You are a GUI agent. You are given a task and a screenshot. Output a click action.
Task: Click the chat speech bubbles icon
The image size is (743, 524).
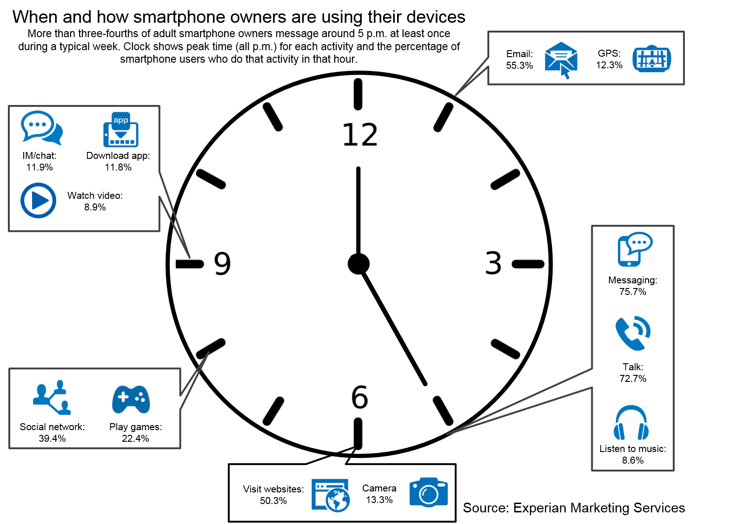point(41,128)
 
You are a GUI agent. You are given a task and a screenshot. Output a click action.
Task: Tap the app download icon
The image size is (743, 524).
point(121,130)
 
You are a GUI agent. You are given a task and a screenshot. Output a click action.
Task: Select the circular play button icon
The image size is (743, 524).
point(38,200)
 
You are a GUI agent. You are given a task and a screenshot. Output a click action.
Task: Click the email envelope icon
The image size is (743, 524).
point(561,60)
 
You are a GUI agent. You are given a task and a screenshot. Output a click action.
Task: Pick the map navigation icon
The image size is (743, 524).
point(651,59)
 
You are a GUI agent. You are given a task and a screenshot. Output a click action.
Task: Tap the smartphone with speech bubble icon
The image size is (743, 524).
point(635,249)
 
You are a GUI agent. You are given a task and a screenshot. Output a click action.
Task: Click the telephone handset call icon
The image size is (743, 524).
point(632,333)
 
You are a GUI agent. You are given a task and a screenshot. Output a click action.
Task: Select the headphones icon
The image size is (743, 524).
point(631,422)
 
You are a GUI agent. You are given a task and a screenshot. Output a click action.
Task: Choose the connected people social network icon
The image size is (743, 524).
point(52,397)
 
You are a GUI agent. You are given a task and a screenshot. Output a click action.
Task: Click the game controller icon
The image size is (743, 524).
point(131,399)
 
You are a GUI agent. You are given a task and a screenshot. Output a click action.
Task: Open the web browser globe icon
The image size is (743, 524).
point(331,495)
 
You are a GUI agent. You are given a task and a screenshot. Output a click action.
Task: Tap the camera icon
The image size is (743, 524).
point(428,492)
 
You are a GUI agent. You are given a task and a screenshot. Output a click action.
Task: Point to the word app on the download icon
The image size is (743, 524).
point(121,120)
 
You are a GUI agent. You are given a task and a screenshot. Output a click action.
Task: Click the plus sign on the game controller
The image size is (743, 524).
point(123,397)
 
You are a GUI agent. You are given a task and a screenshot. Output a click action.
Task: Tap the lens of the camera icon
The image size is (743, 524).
point(428,495)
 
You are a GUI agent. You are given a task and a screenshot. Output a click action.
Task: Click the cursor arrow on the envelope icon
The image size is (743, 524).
point(565,72)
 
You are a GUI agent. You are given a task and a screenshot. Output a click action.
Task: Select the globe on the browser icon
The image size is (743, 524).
point(338,501)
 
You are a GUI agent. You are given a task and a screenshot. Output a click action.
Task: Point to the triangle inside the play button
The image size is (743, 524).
point(40,201)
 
